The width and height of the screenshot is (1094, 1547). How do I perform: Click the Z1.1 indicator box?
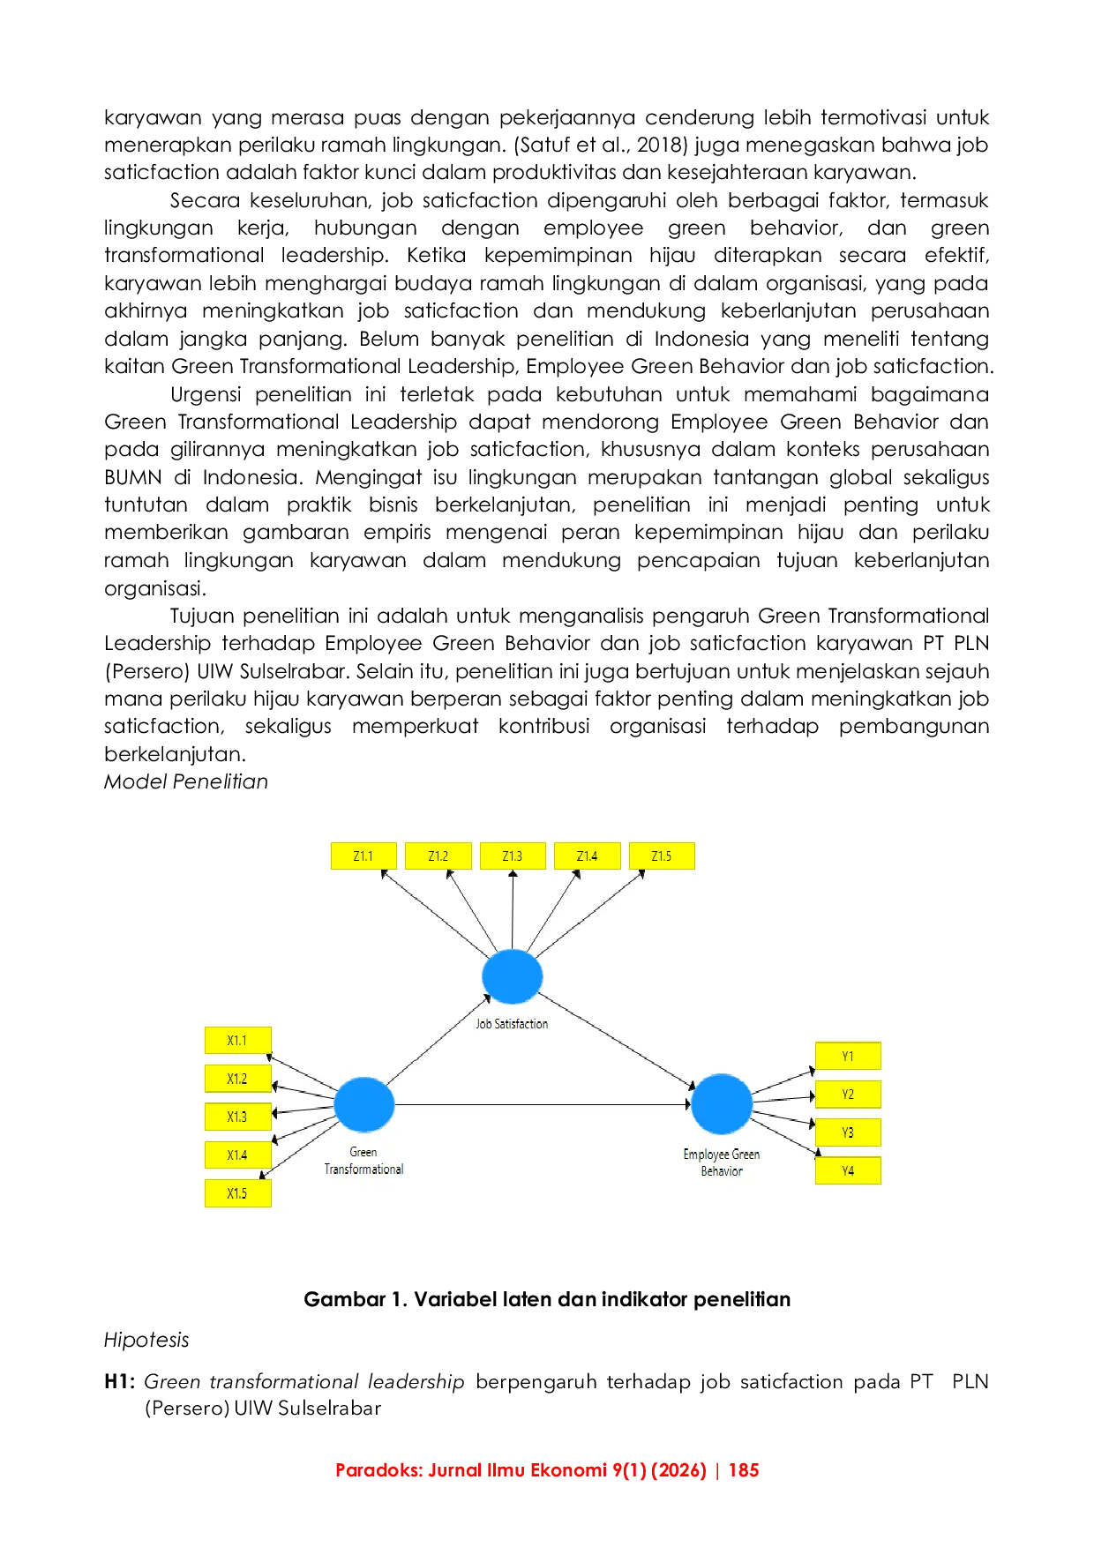(x=363, y=856)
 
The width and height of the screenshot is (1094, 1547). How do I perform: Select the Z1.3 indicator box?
(x=513, y=856)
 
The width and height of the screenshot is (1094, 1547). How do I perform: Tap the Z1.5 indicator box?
(x=662, y=856)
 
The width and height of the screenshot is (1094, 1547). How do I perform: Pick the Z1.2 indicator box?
(x=438, y=856)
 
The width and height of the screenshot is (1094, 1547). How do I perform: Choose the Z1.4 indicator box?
(x=587, y=856)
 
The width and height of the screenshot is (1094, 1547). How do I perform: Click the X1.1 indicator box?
(x=237, y=1041)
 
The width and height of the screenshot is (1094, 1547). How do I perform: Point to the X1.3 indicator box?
(x=237, y=1117)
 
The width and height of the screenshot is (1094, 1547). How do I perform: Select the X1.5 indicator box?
(x=237, y=1193)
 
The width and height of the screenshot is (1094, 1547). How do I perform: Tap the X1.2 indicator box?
(x=237, y=1079)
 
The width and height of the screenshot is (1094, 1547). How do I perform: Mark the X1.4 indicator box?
(x=237, y=1155)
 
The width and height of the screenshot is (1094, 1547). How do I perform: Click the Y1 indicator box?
(x=848, y=1057)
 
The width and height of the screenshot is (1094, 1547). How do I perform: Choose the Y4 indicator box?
(x=848, y=1171)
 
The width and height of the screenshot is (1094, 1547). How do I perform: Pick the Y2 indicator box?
(x=848, y=1095)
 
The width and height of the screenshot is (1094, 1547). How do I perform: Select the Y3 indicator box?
(x=848, y=1132)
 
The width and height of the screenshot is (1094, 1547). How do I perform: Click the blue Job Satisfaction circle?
(x=513, y=976)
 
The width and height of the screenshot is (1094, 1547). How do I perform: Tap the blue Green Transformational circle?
(x=364, y=1104)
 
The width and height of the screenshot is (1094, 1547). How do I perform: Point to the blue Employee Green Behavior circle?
(x=722, y=1104)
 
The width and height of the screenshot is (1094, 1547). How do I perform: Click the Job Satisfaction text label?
(x=513, y=1024)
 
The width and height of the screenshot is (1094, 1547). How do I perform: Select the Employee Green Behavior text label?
(x=722, y=1162)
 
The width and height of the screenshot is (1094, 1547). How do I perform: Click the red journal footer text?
(x=546, y=1471)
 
